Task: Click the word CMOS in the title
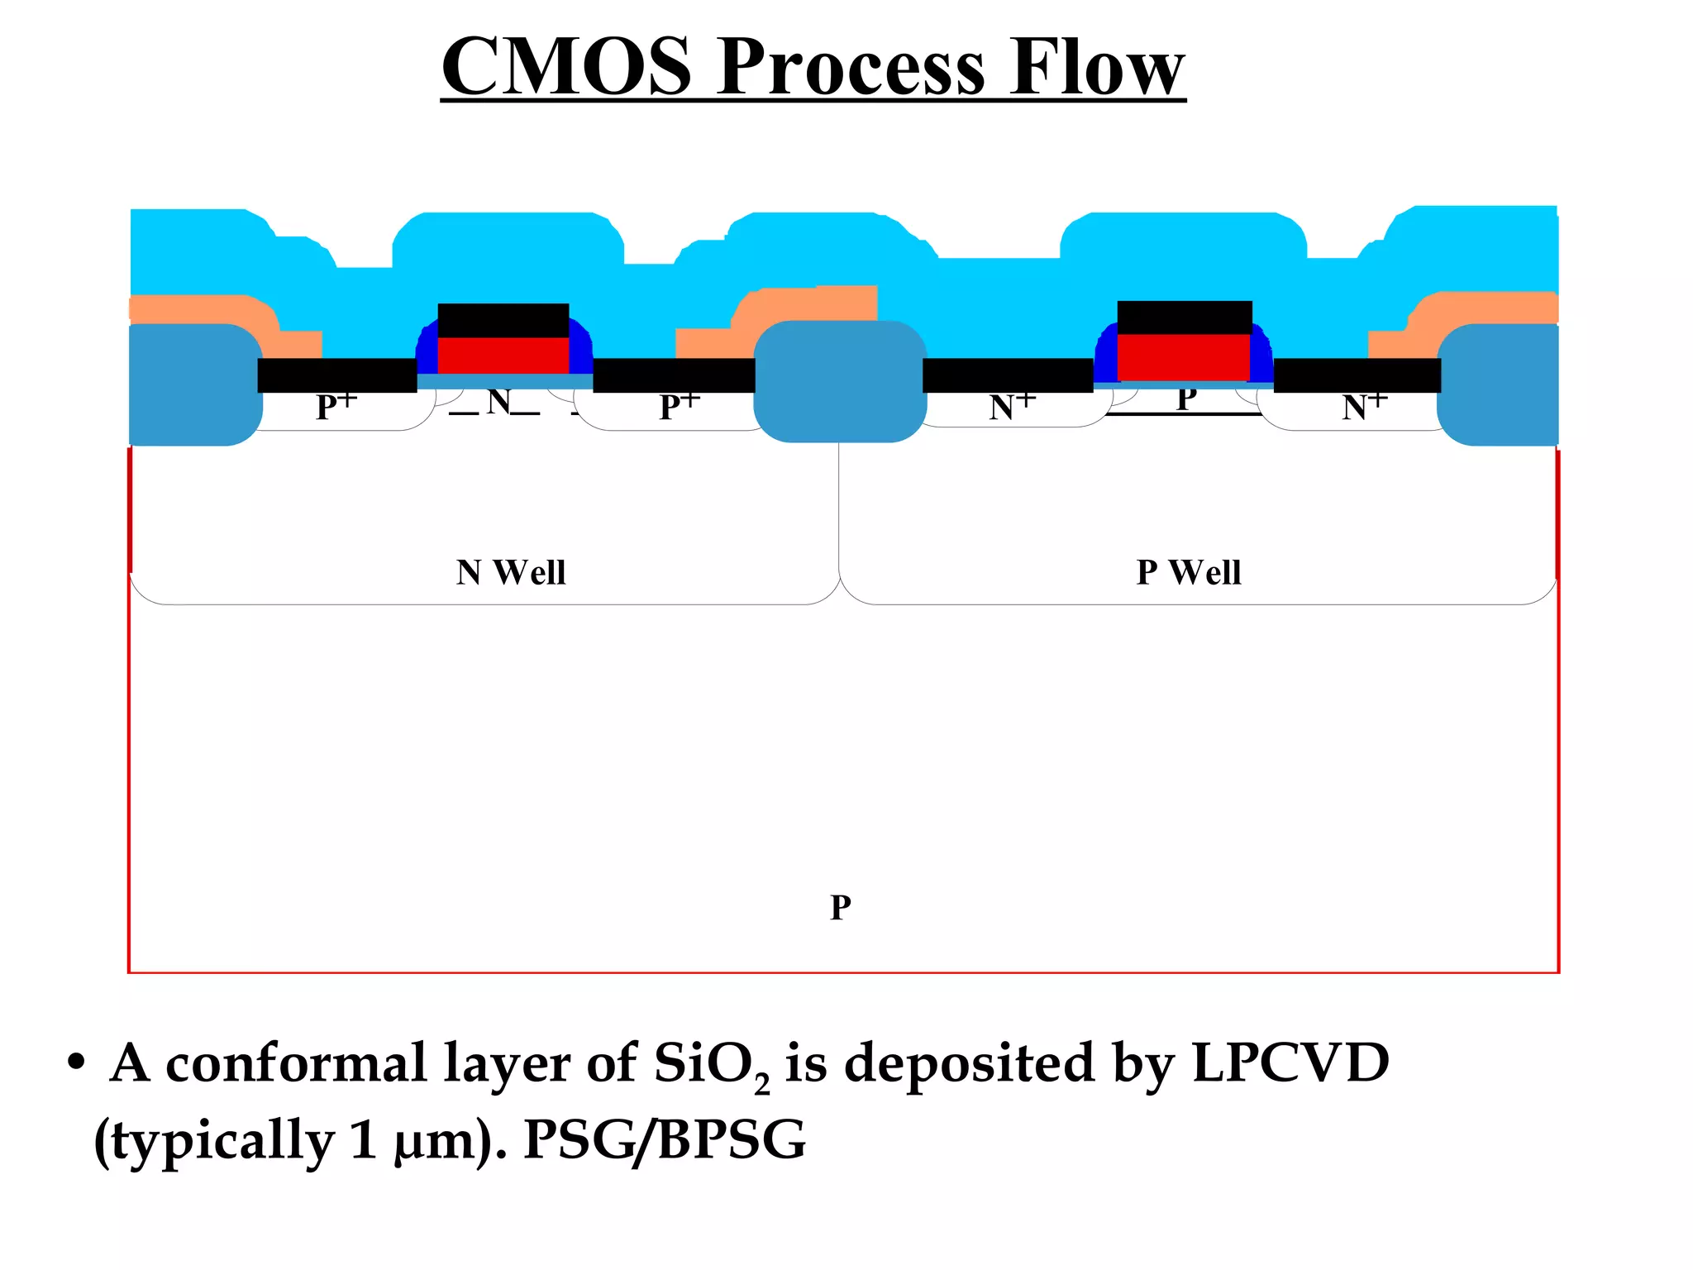(566, 68)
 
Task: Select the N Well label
(511, 572)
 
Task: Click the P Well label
(1189, 572)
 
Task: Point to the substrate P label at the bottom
(841, 908)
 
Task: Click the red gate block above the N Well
(503, 355)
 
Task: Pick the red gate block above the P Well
(1183, 356)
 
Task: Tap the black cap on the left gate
(503, 320)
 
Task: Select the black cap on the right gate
(1184, 317)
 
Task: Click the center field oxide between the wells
(840, 381)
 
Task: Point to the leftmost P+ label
(336, 406)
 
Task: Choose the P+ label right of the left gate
(679, 406)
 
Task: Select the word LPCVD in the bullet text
(1290, 1062)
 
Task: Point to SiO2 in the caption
(711, 1065)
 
